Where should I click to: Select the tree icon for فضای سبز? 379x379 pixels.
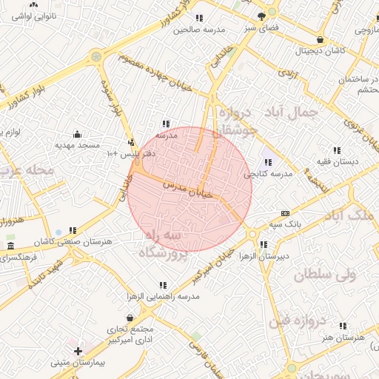(x=261, y=16)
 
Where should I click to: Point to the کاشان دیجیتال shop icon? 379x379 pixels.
(x=319, y=40)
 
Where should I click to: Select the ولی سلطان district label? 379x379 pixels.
(x=325, y=274)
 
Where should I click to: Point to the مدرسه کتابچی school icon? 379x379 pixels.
(x=267, y=162)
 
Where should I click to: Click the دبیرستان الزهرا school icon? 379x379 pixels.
(x=264, y=245)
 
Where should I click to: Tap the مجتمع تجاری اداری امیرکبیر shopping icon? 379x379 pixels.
(x=130, y=318)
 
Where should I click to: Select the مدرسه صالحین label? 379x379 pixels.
(x=198, y=30)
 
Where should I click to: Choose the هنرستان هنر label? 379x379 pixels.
(x=343, y=338)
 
